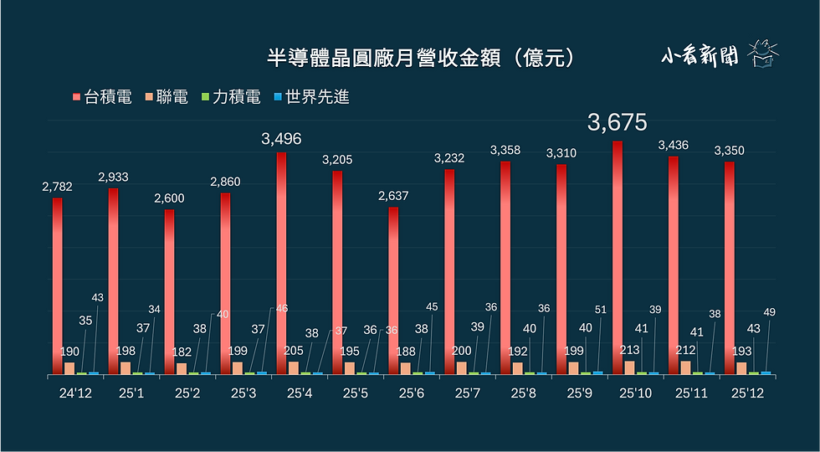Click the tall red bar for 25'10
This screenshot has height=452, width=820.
(x=618, y=251)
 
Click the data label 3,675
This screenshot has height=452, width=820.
(x=618, y=122)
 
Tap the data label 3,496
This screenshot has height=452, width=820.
(x=281, y=139)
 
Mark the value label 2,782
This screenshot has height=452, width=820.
(x=57, y=187)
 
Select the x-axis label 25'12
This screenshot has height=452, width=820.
(x=747, y=392)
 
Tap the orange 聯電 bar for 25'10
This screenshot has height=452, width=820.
(x=629, y=367)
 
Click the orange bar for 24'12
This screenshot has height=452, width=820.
(x=69, y=367)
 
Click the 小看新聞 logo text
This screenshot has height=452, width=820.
(x=699, y=56)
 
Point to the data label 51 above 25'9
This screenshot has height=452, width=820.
(x=600, y=310)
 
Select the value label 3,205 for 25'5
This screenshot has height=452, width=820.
(x=337, y=159)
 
